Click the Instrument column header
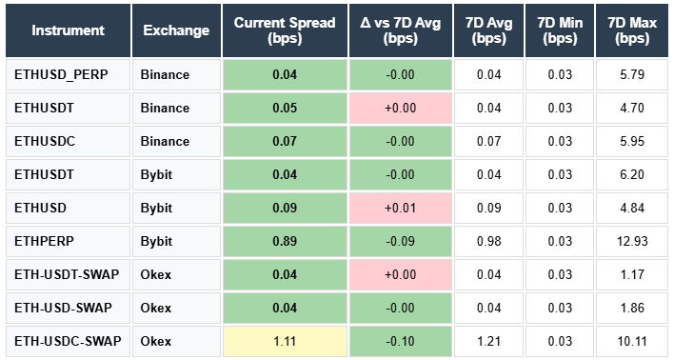click(x=68, y=30)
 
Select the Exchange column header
click(x=176, y=30)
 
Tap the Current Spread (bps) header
click(x=286, y=30)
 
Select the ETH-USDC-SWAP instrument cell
click(x=68, y=341)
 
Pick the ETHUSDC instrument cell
click(x=44, y=141)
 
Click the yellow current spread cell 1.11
click(x=286, y=341)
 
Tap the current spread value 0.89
click(x=286, y=241)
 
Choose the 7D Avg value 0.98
click(x=489, y=241)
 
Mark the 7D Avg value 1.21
click(x=489, y=341)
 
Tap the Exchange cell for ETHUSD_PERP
click(x=165, y=74)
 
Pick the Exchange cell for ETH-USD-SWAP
click(x=158, y=308)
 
